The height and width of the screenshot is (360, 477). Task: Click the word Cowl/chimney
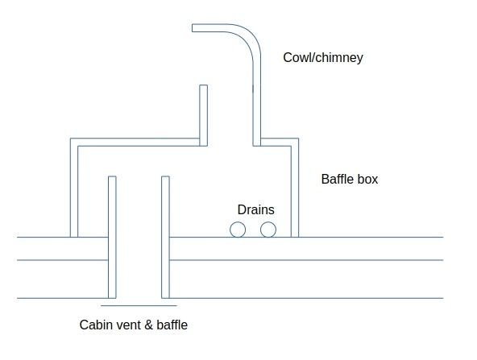pos(323,57)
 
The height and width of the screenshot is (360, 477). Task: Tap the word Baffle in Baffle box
pos(337,179)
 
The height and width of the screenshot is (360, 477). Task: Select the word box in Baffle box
pos(367,179)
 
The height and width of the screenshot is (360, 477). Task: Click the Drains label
pos(256,209)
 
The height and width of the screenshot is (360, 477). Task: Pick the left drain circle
pos(238,230)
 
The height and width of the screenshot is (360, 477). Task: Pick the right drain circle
pos(268,230)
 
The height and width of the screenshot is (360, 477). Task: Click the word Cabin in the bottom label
pos(93,325)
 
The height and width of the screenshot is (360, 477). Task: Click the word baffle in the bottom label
pos(172,325)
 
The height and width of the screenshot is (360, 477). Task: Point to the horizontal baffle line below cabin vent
pos(139,305)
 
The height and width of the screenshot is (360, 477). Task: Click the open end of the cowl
pos(193,28)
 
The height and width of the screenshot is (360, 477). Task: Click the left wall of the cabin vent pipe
pos(112,237)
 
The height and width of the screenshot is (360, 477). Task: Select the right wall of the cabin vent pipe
pos(165,237)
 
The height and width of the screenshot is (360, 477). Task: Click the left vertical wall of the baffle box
pos(74,188)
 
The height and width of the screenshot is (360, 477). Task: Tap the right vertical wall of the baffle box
pos(295,188)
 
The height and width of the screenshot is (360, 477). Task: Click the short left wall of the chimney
pos(204,115)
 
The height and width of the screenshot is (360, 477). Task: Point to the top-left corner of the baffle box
pos(71,139)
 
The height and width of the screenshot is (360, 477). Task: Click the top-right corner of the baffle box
pos(298,139)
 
